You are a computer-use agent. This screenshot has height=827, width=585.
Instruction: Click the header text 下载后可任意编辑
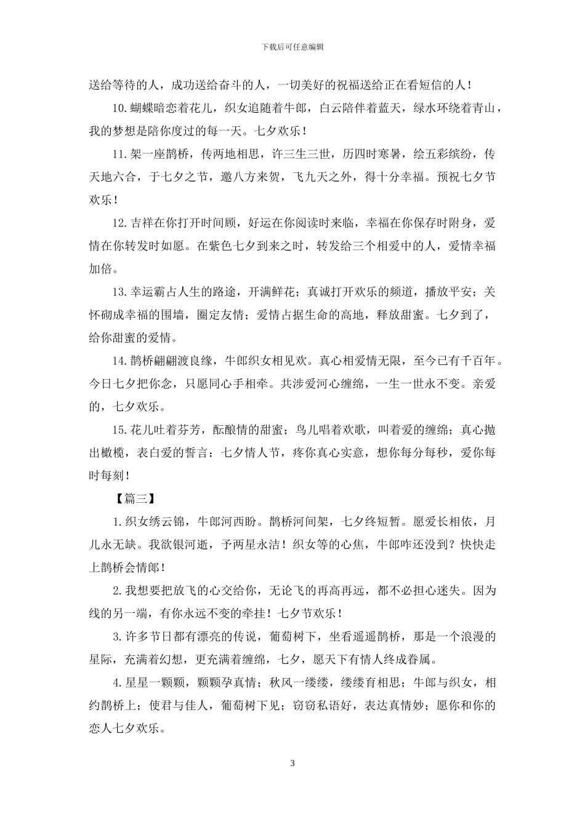[x=292, y=47]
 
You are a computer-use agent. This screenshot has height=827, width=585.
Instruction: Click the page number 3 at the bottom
[x=292, y=764]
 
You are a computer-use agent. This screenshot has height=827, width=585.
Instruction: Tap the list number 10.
[x=120, y=108]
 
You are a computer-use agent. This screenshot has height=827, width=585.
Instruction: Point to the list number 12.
[x=120, y=223]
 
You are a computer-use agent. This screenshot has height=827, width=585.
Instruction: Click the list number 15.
[x=120, y=429]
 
